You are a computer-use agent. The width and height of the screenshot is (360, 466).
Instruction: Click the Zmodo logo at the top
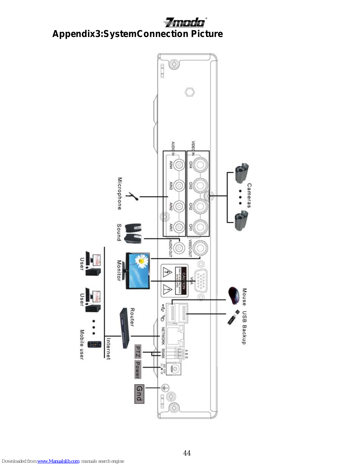[x=185, y=22]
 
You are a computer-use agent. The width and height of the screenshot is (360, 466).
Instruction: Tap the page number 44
[x=187, y=453]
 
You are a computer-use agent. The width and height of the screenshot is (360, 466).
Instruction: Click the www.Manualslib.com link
[x=58, y=461]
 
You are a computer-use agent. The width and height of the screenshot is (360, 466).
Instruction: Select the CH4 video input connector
[x=200, y=165]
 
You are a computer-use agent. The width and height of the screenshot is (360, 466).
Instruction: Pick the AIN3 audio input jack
[x=179, y=186]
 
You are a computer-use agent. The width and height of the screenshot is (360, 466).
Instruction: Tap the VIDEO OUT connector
[x=200, y=248]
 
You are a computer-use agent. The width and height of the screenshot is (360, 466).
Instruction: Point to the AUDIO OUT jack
[x=179, y=248]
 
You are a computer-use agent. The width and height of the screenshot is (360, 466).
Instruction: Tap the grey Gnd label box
[x=139, y=394]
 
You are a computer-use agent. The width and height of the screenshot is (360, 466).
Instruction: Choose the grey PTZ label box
[x=138, y=352]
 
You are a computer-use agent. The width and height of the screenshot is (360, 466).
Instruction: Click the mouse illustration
[x=233, y=295]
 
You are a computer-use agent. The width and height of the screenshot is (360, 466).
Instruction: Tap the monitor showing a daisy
[x=138, y=271]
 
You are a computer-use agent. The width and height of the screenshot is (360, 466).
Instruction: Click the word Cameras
[x=249, y=195]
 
